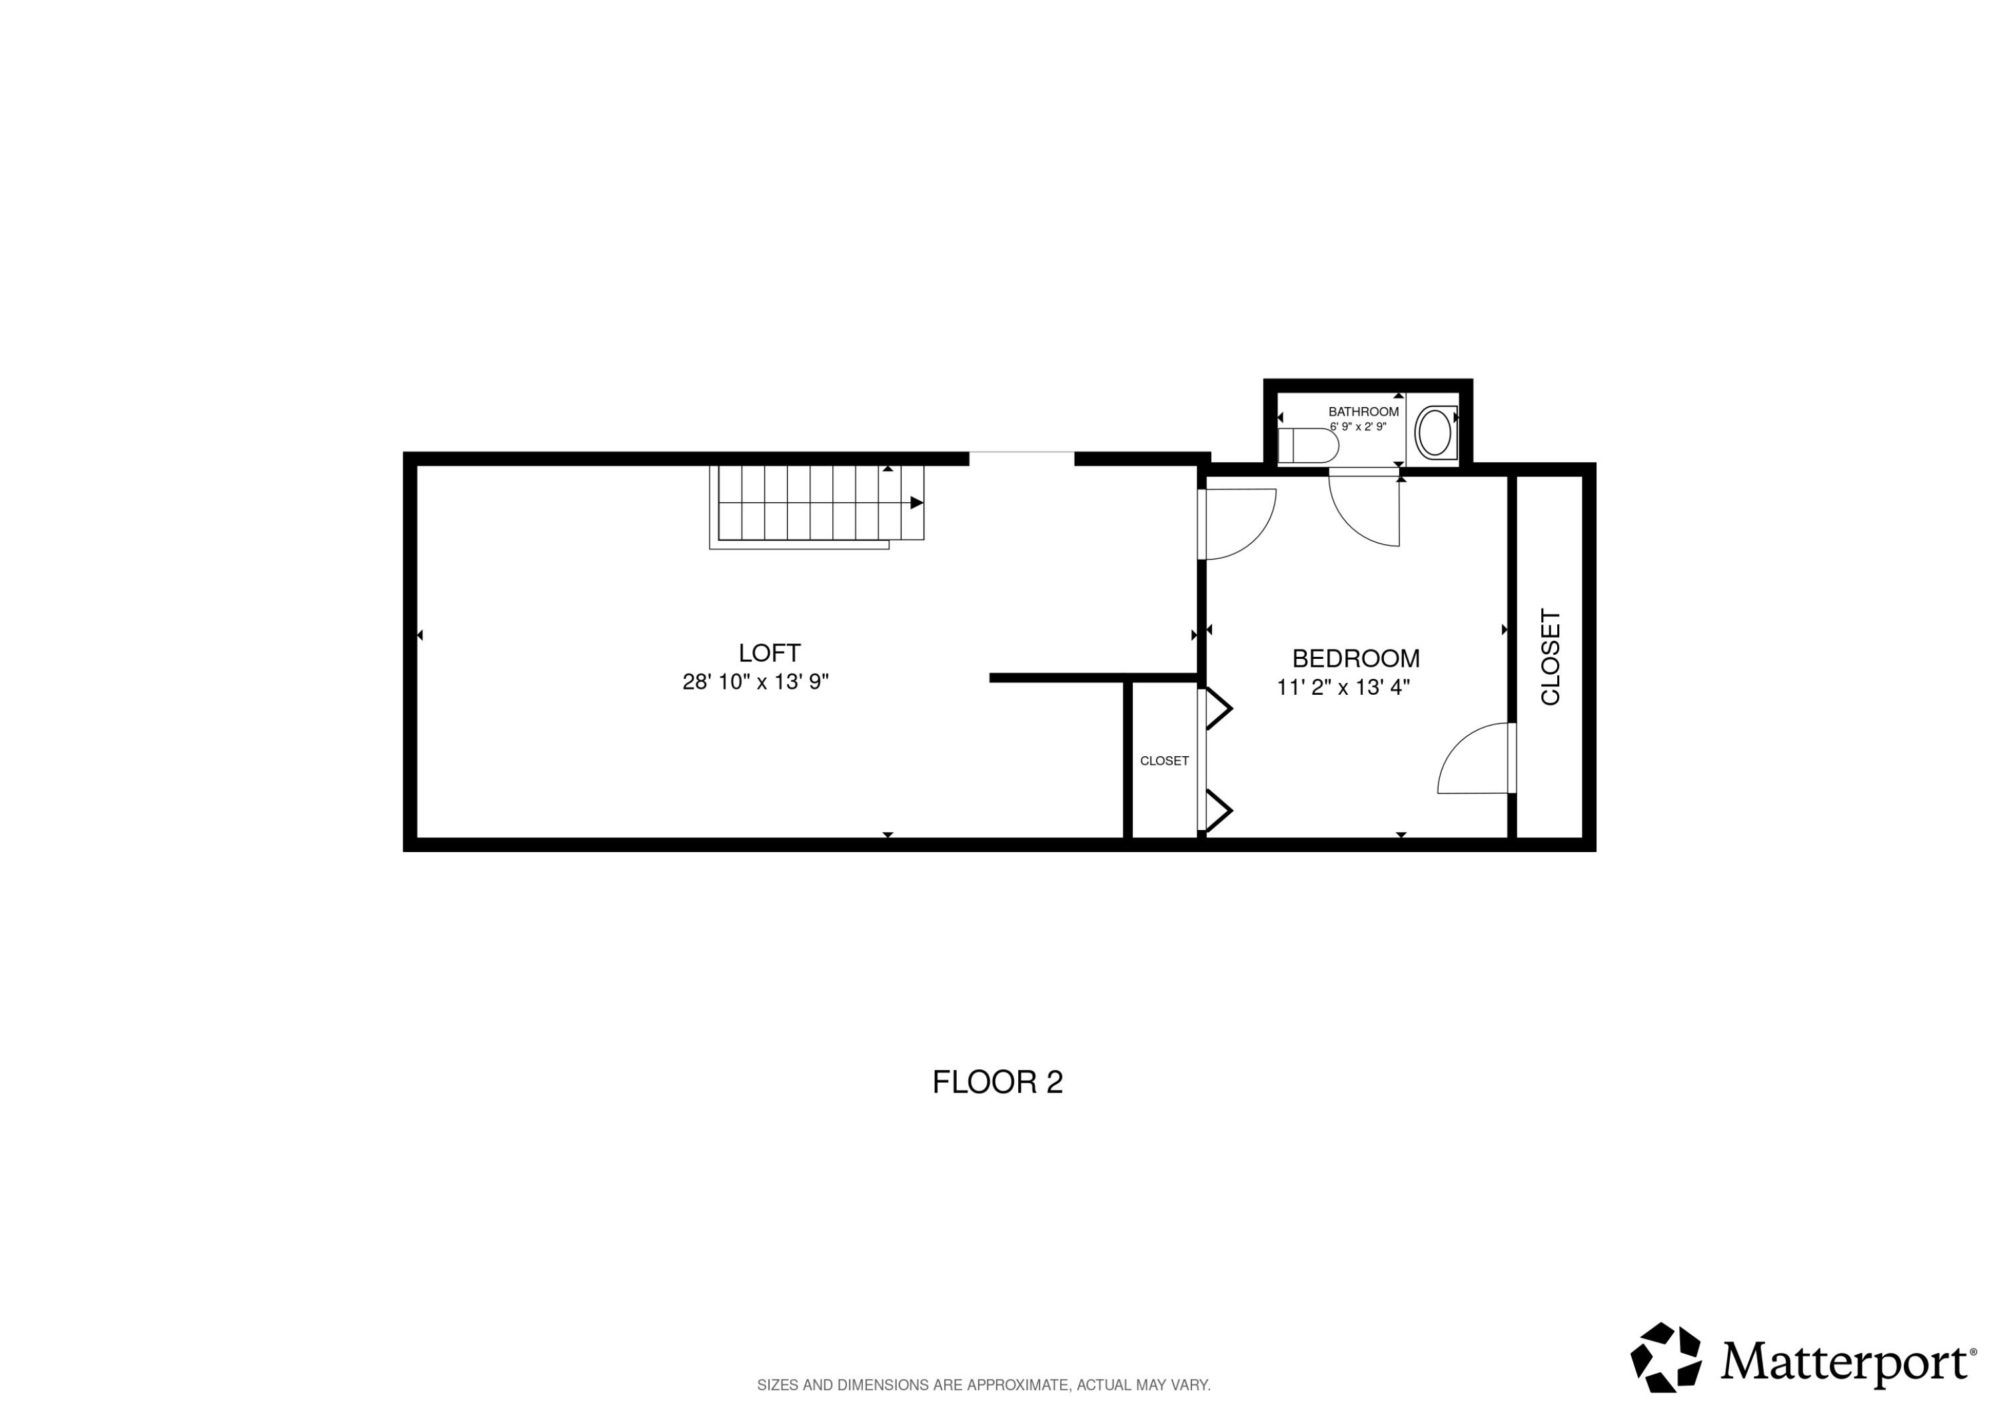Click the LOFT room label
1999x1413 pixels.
point(769,653)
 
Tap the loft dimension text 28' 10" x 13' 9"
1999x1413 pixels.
point(755,682)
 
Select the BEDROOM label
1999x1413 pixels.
point(1355,658)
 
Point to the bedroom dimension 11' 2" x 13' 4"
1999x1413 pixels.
point(1343,688)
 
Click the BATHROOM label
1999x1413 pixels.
point(1363,412)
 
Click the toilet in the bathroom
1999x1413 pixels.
point(1308,446)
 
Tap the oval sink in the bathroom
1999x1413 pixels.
point(1434,432)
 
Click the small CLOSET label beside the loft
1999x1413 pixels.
point(1164,761)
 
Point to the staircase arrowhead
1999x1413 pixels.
point(916,502)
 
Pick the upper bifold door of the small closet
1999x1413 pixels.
point(1217,709)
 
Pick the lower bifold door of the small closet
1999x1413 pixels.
point(1217,811)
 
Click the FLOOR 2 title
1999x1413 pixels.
point(998,1082)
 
